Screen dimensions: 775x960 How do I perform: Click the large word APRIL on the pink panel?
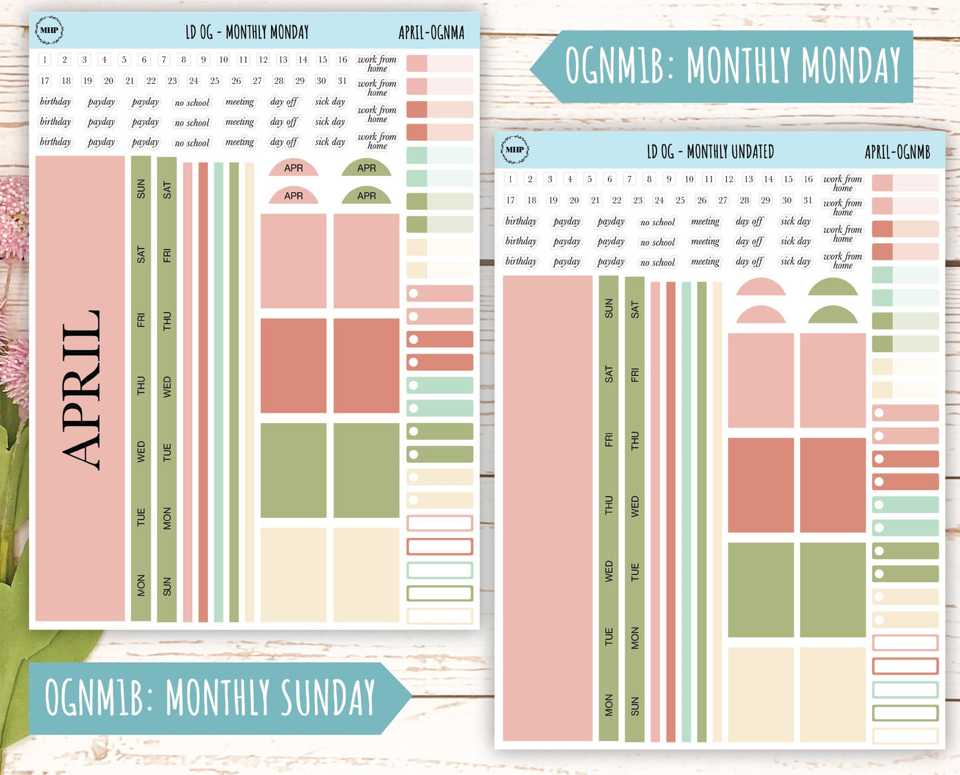point(81,390)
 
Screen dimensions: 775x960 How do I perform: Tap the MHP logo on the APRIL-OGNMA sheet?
point(49,31)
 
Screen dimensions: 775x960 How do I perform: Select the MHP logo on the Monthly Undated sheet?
point(514,149)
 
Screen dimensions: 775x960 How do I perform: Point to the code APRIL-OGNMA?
point(431,33)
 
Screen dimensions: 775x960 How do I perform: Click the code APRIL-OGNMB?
point(897,153)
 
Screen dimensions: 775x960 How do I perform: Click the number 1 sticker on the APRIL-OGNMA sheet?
point(45,60)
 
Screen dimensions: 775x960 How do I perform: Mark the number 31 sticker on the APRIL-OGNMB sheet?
point(808,200)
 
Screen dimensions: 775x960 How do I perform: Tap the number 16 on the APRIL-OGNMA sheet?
point(342,60)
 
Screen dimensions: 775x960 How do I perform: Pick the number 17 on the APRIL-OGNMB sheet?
point(510,200)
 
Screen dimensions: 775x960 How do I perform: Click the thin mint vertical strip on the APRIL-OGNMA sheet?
point(219,392)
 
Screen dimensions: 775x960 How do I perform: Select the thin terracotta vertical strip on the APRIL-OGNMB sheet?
point(671,511)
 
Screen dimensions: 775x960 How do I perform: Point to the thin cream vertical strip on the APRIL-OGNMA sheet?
point(249,392)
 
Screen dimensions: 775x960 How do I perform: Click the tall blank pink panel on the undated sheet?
point(547,508)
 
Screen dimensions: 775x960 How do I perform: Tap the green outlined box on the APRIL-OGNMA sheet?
point(440,593)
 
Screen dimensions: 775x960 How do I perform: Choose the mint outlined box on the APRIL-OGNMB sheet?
point(905,689)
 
